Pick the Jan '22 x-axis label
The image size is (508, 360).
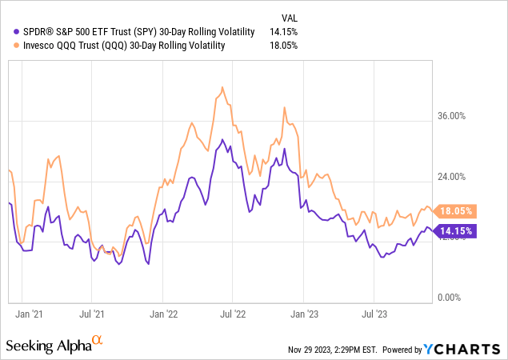(x=164, y=314)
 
